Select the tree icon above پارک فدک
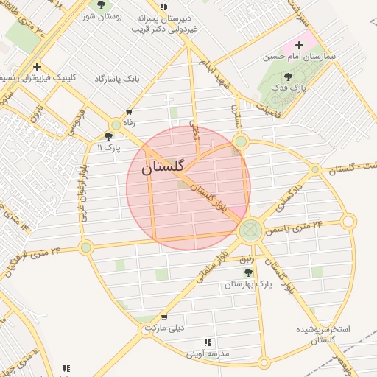[288, 76]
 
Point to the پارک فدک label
[288, 87]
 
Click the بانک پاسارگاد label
[117, 78]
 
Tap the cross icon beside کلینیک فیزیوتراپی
[37, 67]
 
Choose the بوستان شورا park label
[101, 15]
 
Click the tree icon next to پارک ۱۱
[109, 136]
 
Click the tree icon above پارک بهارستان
[248, 272]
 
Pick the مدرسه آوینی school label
[208, 353]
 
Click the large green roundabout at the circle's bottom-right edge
[250, 230]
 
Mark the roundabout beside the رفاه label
[116, 124]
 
